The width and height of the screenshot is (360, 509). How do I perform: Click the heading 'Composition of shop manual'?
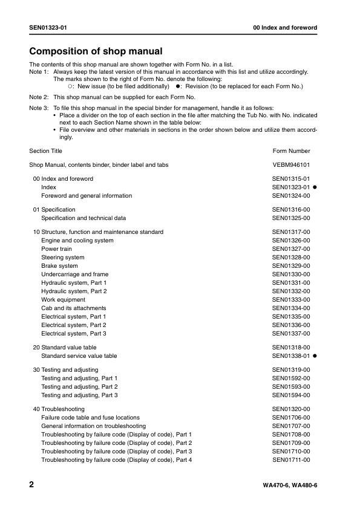tap(96, 51)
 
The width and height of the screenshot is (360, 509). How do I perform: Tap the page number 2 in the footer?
tap(32, 485)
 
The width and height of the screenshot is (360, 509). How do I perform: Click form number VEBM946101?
tap(291, 164)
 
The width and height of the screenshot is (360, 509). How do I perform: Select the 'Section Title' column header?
tap(45, 151)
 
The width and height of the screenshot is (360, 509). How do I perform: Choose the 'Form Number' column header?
tap(291, 151)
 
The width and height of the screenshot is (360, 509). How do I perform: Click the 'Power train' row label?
tap(56, 249)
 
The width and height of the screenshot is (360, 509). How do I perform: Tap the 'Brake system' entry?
tap(59, 266)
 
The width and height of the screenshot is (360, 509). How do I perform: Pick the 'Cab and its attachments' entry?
tap(73, 308)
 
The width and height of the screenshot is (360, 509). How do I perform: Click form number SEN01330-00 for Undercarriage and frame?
tap(291, 274)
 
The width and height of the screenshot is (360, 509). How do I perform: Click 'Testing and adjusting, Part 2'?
tap(79, 386)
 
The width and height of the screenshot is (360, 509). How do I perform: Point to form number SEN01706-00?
tap(291, 418)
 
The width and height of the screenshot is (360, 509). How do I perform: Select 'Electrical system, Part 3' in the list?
tap(73, 334)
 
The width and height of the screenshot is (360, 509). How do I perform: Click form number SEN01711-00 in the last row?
tap(291, 460)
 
